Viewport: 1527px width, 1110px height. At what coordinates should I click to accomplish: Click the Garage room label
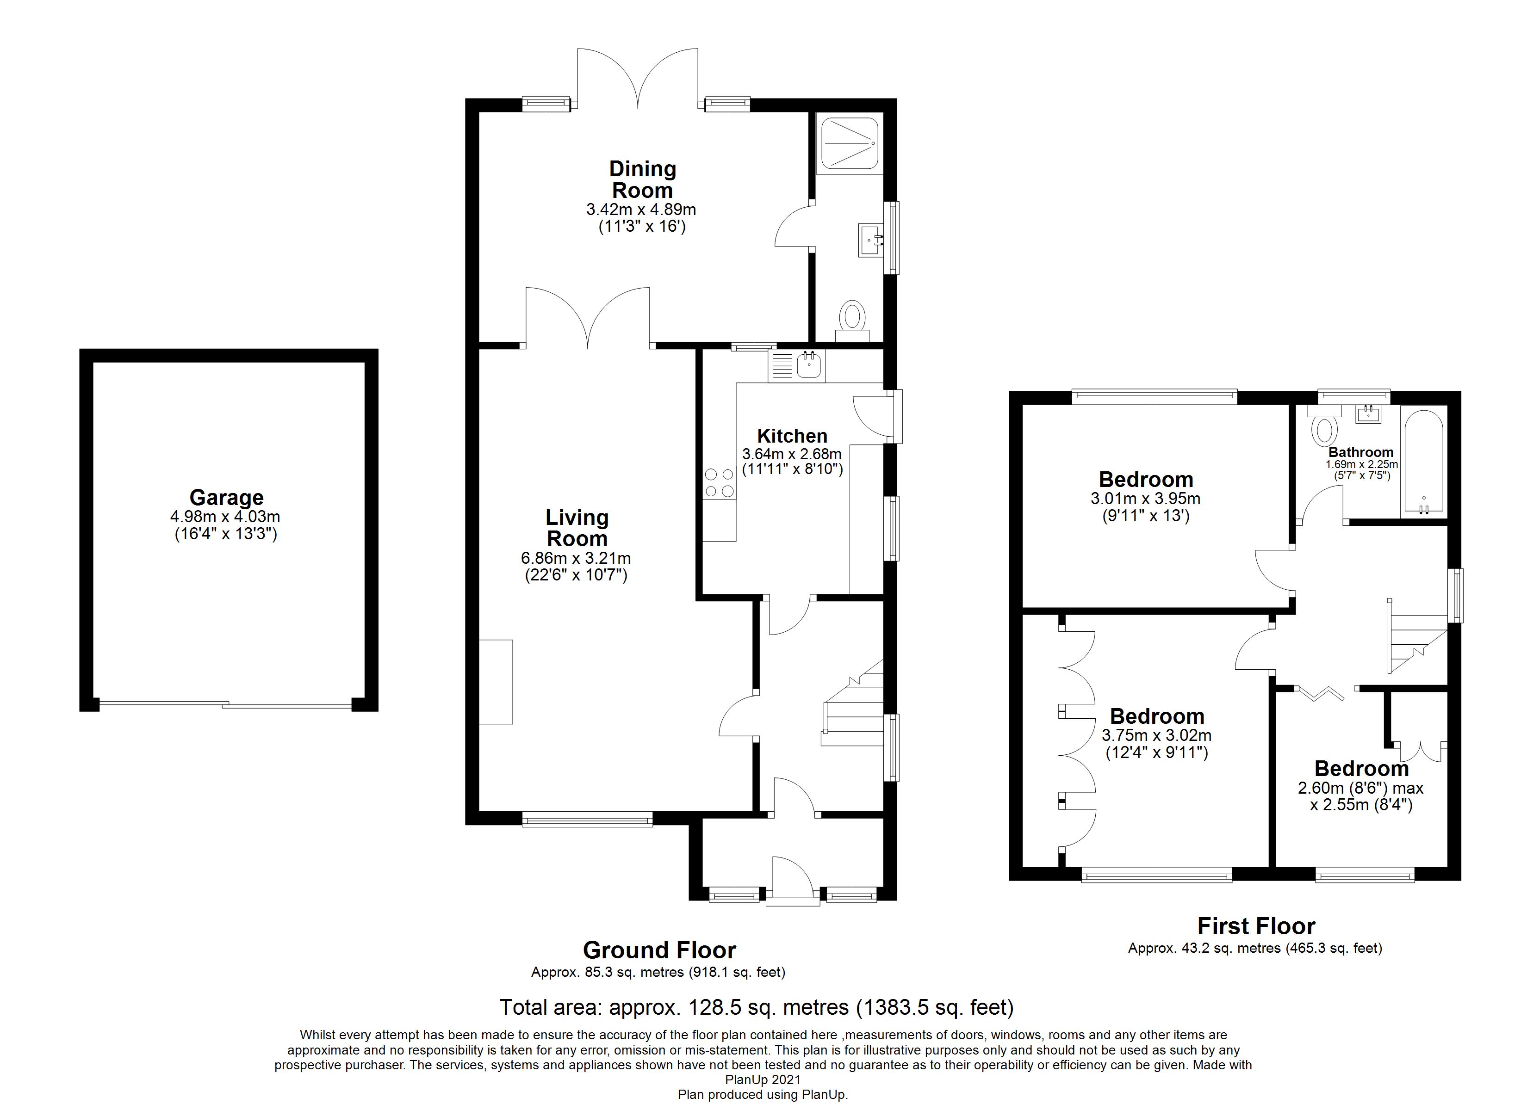pyautogui.click(x=226, y=498)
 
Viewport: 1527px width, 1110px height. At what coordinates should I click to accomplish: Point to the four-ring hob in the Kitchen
pyautogui.click(x=719, y=483)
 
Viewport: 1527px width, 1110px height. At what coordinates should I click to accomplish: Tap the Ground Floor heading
pyautogui.click(x=659, y=950)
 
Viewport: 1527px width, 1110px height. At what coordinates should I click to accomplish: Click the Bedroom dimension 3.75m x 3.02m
pyautogui.click(x=1157, y=736)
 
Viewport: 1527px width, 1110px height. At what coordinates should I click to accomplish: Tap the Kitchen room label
pyautogui.click(x=792, y=436)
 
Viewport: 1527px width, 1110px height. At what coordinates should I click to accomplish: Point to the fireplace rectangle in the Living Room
pyautogui.click(x=496, y=682)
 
